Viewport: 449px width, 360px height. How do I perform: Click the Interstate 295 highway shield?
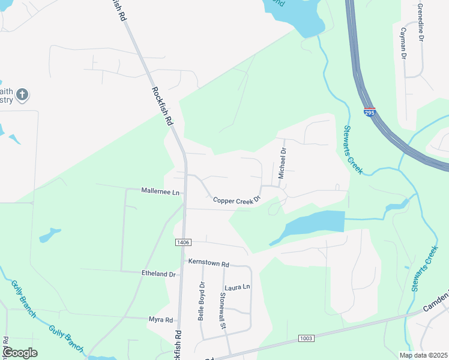coord(370,111)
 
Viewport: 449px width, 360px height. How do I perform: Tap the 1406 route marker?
coord(183,242)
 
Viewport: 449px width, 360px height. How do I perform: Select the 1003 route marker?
coord(306,339)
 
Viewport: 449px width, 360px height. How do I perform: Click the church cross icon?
coord(22,94)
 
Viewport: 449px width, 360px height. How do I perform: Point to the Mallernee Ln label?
coord(160,192)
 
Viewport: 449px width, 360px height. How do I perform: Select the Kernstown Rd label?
coord(209,263)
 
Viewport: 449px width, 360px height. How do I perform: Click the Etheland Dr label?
coord(158,274)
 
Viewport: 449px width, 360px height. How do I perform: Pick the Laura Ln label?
coord(237,287)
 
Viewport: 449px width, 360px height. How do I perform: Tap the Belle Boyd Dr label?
coord(202,301)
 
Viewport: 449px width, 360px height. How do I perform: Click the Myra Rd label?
coord(161,320)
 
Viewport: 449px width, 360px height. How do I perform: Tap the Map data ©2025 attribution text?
coord(423,355)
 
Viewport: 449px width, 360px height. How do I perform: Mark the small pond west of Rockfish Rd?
coord(50,235)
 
